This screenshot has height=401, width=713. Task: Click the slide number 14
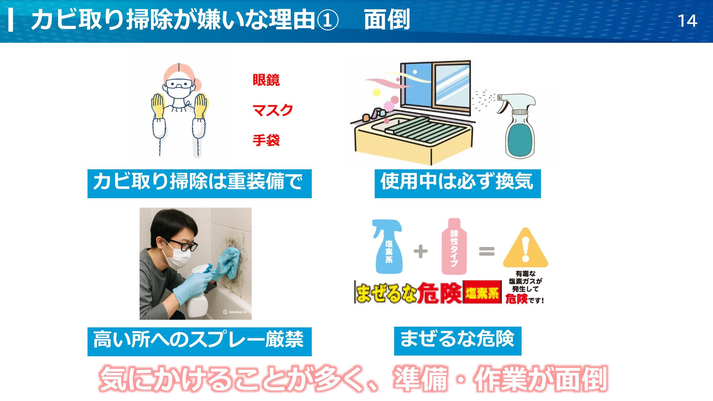pyautogui.click(x=687, y=21)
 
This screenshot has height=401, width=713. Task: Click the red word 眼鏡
pyautogui.click(x=266, y=80)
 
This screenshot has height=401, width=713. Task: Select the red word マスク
pyautogui.click(x=273, y=110)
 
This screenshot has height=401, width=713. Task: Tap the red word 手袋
pyautogui.click(x=266, y=140)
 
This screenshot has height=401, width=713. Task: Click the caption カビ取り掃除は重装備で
pyautogui.click(x=199, y=183)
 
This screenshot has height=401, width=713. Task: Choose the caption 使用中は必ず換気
pyautogui.click(x=458, y=183)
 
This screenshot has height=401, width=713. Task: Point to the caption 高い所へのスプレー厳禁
pyautogui.click(x=199, y=341)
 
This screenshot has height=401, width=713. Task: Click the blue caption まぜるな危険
pyautogui.click(x=458, y=341)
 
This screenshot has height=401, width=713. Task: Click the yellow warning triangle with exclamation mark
pyautogui.click(x=525, y=247)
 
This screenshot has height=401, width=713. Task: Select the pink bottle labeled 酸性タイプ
pyautogui.click(x=454, y=246)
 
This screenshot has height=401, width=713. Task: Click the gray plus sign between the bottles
pyautogui.click(x=421, y=251)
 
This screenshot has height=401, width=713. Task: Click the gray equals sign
pyautogui.click(x=487, y=251)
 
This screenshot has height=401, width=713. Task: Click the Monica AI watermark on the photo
pyautogui.click(x=235, y=312)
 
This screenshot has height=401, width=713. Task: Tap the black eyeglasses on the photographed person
pyautogui.click(x=182, y=245)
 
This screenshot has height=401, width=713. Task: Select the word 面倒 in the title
pyautogui.click(x=387, y=19)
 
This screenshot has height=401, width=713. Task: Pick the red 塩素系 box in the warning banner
pyautogui.click(x=482, y=292)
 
